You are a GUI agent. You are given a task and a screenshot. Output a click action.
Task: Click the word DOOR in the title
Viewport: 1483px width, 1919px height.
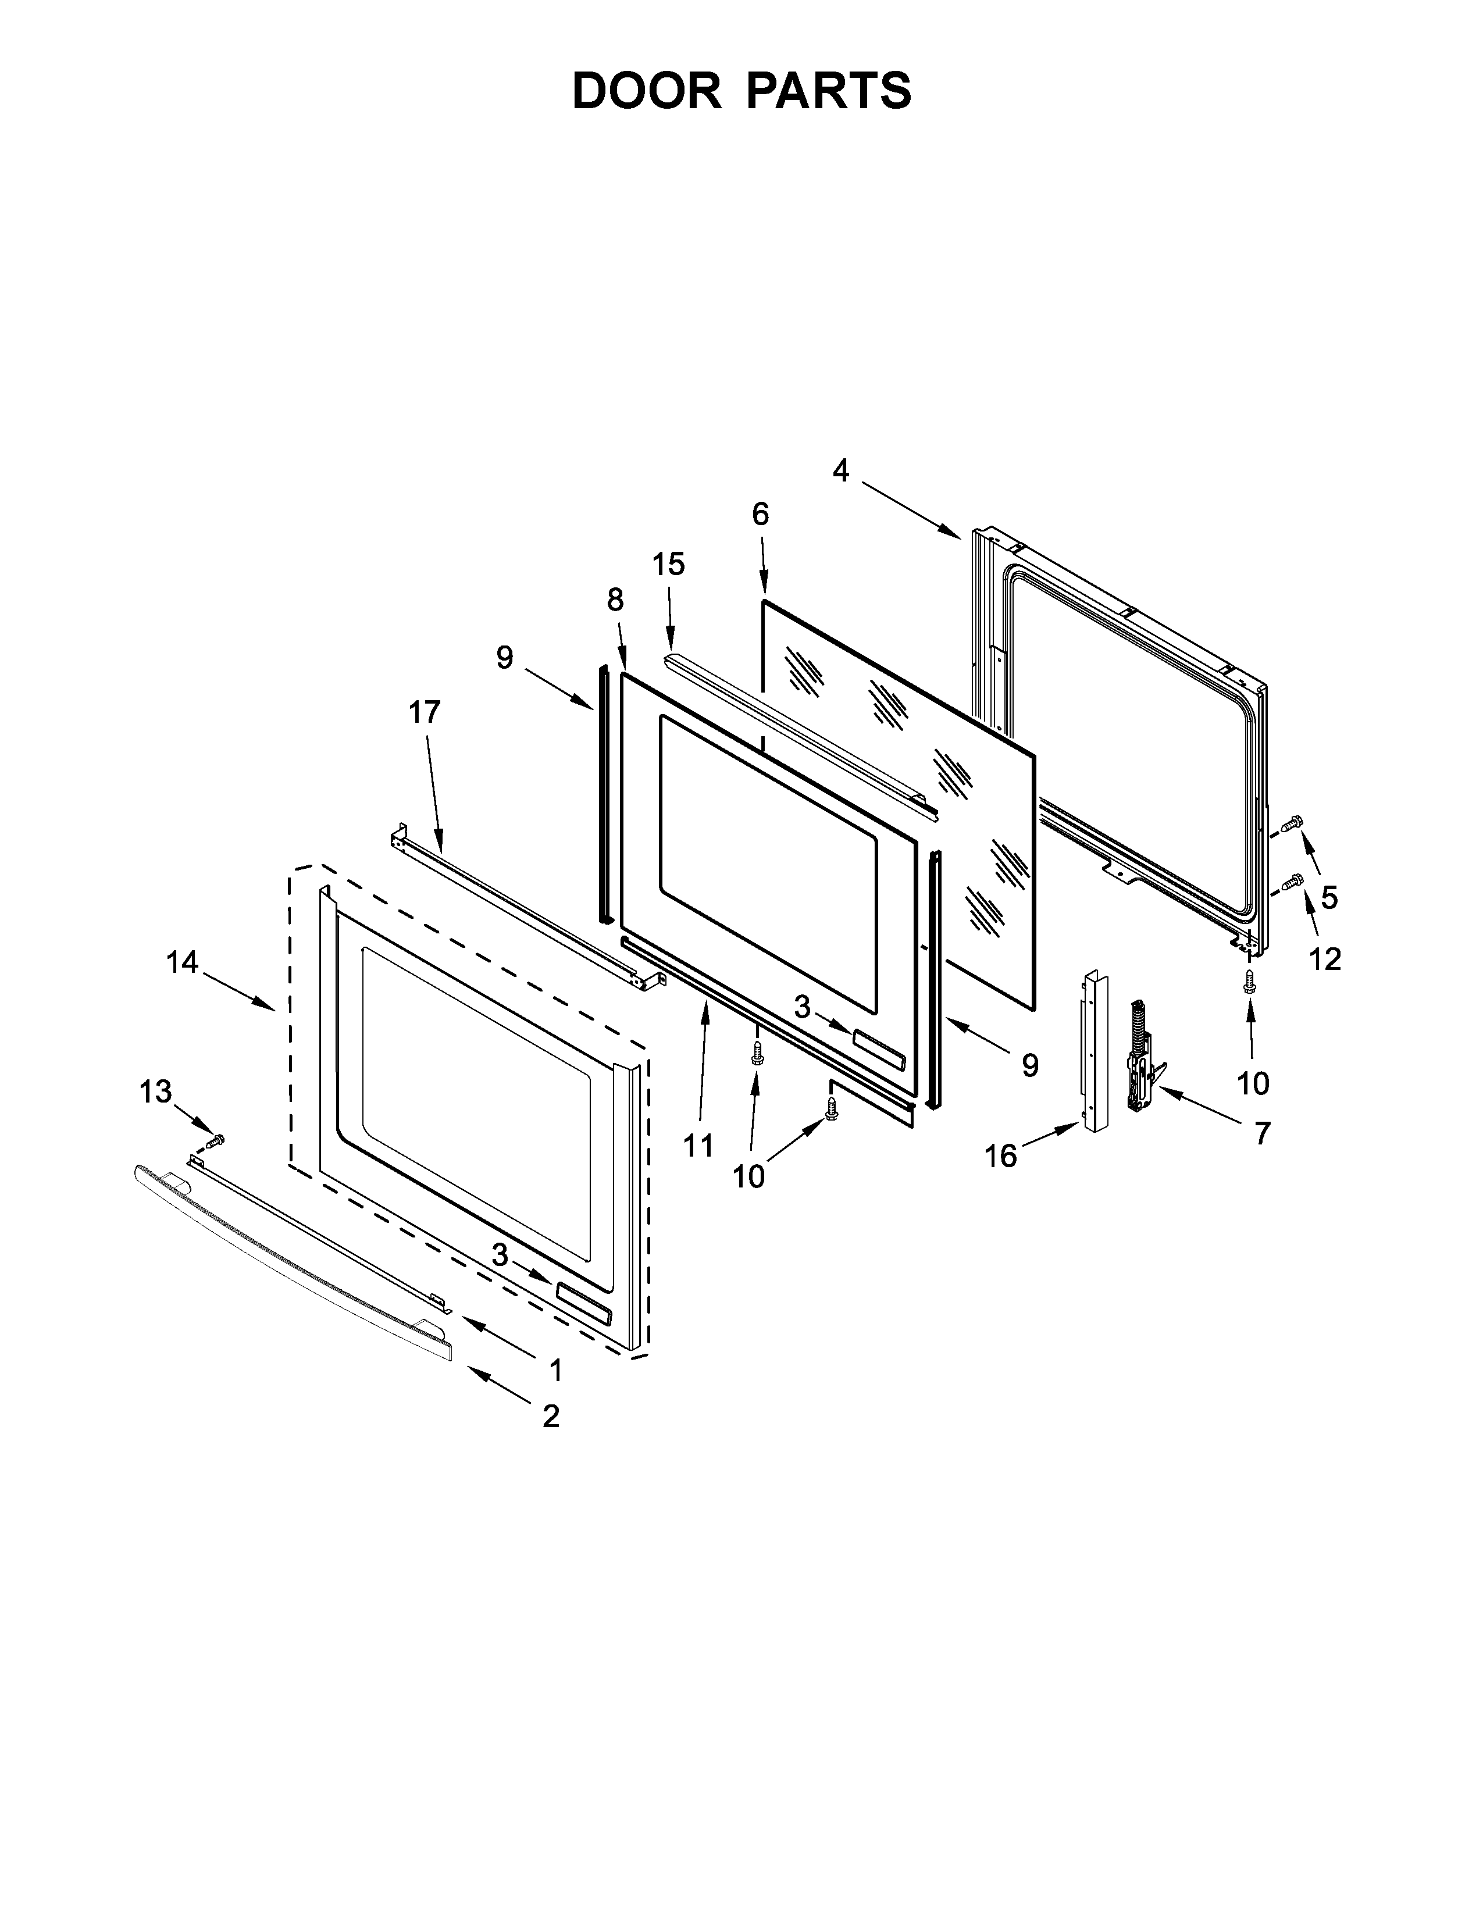647,91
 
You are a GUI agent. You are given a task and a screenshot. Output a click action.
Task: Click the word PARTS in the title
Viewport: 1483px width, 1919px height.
829,91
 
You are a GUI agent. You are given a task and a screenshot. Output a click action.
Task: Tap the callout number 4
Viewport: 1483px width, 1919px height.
841,472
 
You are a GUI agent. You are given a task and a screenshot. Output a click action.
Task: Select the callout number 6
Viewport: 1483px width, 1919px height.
761,514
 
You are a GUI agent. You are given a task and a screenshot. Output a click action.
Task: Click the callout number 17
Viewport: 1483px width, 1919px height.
425,712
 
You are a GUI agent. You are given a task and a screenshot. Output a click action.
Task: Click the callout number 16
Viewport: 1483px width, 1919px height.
1001,1156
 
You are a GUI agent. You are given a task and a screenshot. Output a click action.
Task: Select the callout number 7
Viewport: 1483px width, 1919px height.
1261,1135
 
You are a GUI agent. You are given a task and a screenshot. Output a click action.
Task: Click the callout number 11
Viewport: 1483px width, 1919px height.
698,1146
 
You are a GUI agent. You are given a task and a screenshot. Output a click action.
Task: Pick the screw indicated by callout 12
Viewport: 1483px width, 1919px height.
1292,880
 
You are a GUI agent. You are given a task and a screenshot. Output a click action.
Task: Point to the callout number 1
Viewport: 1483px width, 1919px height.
555,1370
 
